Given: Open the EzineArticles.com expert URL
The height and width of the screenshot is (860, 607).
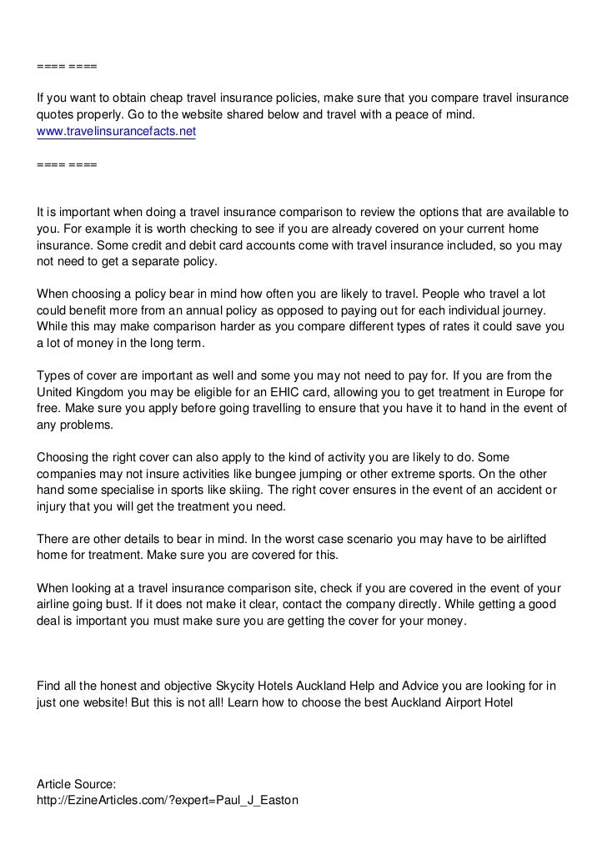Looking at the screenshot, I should tap(168, 800).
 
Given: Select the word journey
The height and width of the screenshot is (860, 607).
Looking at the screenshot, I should tap(544, 310).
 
